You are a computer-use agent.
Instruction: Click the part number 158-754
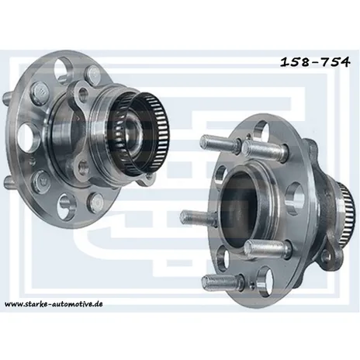[x=315, y=62]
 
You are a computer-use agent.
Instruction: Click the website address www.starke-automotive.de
[x=54, y=303]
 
